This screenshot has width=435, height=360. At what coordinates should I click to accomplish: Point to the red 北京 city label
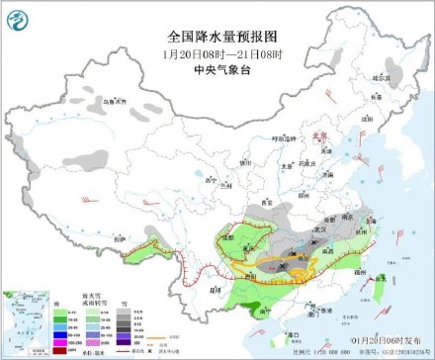[318, 139]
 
